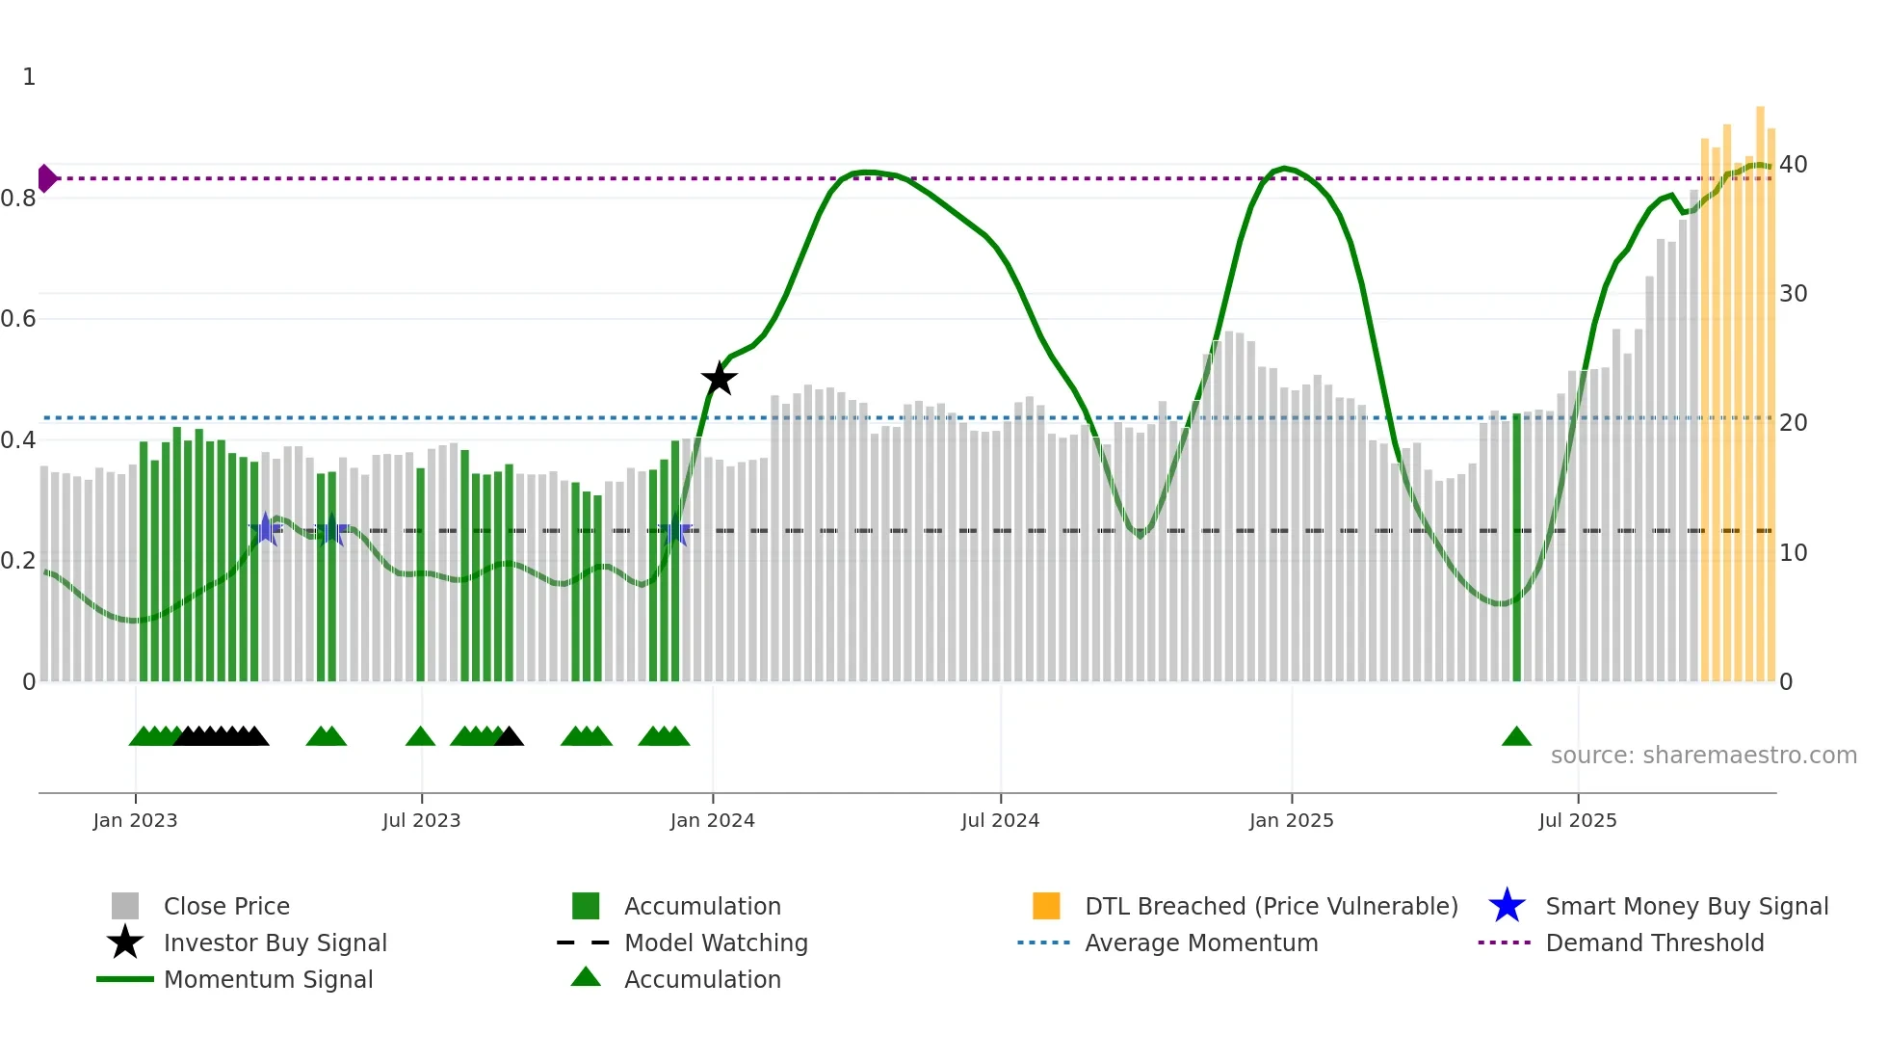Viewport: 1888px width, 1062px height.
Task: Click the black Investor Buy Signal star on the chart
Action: click(x=719, y=379)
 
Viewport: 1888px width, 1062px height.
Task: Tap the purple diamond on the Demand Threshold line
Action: click(x=46, y=178)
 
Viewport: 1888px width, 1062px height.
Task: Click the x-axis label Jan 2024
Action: click(x=712, y=820)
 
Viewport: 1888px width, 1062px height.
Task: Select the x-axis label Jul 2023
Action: click(x=421, y=820)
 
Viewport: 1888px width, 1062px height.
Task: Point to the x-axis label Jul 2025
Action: click(x=1577, y=820)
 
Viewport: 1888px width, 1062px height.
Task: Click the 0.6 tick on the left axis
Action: click(x=18, y=319)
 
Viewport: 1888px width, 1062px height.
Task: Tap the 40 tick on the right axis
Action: click(x=1793, y=165)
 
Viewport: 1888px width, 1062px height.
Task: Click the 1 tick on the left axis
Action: click(x=29, y=77)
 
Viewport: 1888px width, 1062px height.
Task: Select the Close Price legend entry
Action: click(x=226, y=906)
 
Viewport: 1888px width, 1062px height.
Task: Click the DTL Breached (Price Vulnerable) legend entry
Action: click(x=1271, y=906)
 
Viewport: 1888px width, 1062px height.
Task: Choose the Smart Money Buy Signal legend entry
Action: click(x=1686, y=906)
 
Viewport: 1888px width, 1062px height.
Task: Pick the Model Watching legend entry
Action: click(x=715, y=943)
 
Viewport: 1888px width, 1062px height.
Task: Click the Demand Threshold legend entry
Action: click(x=1654, y=943)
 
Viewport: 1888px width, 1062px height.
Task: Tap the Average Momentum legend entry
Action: click(x=1200, y=943)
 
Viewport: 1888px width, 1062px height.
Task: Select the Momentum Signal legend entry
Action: click(x=268, y=979)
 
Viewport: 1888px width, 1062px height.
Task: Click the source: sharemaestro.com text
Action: click(x=1703, y=755)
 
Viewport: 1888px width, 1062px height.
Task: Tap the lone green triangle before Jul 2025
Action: click(x=1516, y=737)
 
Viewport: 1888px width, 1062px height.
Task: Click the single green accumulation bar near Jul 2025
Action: click(x=1516, y=549)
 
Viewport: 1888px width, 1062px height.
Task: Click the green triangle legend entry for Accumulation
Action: click(x=701, y=979)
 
